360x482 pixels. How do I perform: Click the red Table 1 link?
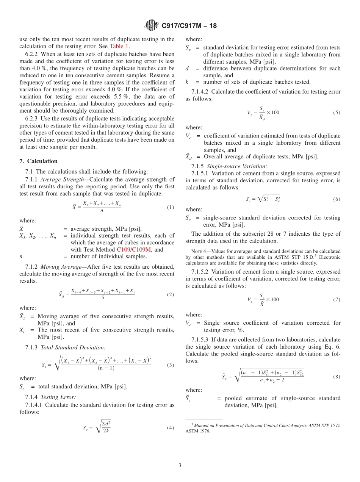point(119,47)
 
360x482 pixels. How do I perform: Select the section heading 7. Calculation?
point(38,161)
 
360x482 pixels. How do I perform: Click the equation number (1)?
point(170,207)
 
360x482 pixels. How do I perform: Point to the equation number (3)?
point(170,365)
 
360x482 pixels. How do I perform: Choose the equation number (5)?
point(337,113)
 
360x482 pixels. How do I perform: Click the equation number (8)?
point(337,377)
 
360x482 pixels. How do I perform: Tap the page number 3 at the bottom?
point(180,465)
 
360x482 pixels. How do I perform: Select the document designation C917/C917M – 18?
point(189,26)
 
